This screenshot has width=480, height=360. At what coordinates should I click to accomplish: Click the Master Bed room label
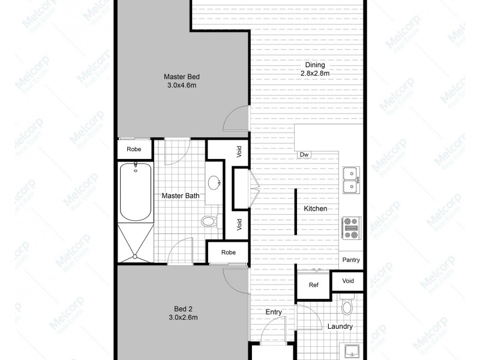[x=182, y=76]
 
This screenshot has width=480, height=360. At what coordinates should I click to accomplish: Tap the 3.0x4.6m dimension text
[x=182, y=85]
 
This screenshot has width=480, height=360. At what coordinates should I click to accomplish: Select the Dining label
[x=315, y=65]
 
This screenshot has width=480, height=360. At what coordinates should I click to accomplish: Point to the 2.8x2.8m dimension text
[x=315, y=73]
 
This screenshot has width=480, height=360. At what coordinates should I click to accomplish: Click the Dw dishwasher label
[x=304, y=155]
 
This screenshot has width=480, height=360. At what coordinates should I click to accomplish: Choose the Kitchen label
[x=316, y=209]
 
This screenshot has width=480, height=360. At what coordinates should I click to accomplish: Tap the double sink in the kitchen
[x=350, y=180]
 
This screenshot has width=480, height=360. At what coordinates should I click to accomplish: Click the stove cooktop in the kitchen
[x=350, y=229]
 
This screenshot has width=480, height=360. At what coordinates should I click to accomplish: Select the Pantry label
[x=350, y=260]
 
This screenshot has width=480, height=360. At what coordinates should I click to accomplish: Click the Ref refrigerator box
[x=313, y=285]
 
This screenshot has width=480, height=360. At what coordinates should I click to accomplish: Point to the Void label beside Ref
[x=348, y=281]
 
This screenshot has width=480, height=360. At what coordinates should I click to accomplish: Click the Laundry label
[x=340, y=327]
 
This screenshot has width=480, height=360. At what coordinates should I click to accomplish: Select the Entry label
[x=274, y=312]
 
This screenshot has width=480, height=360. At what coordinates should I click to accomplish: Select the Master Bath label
[x=181, y=196]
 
